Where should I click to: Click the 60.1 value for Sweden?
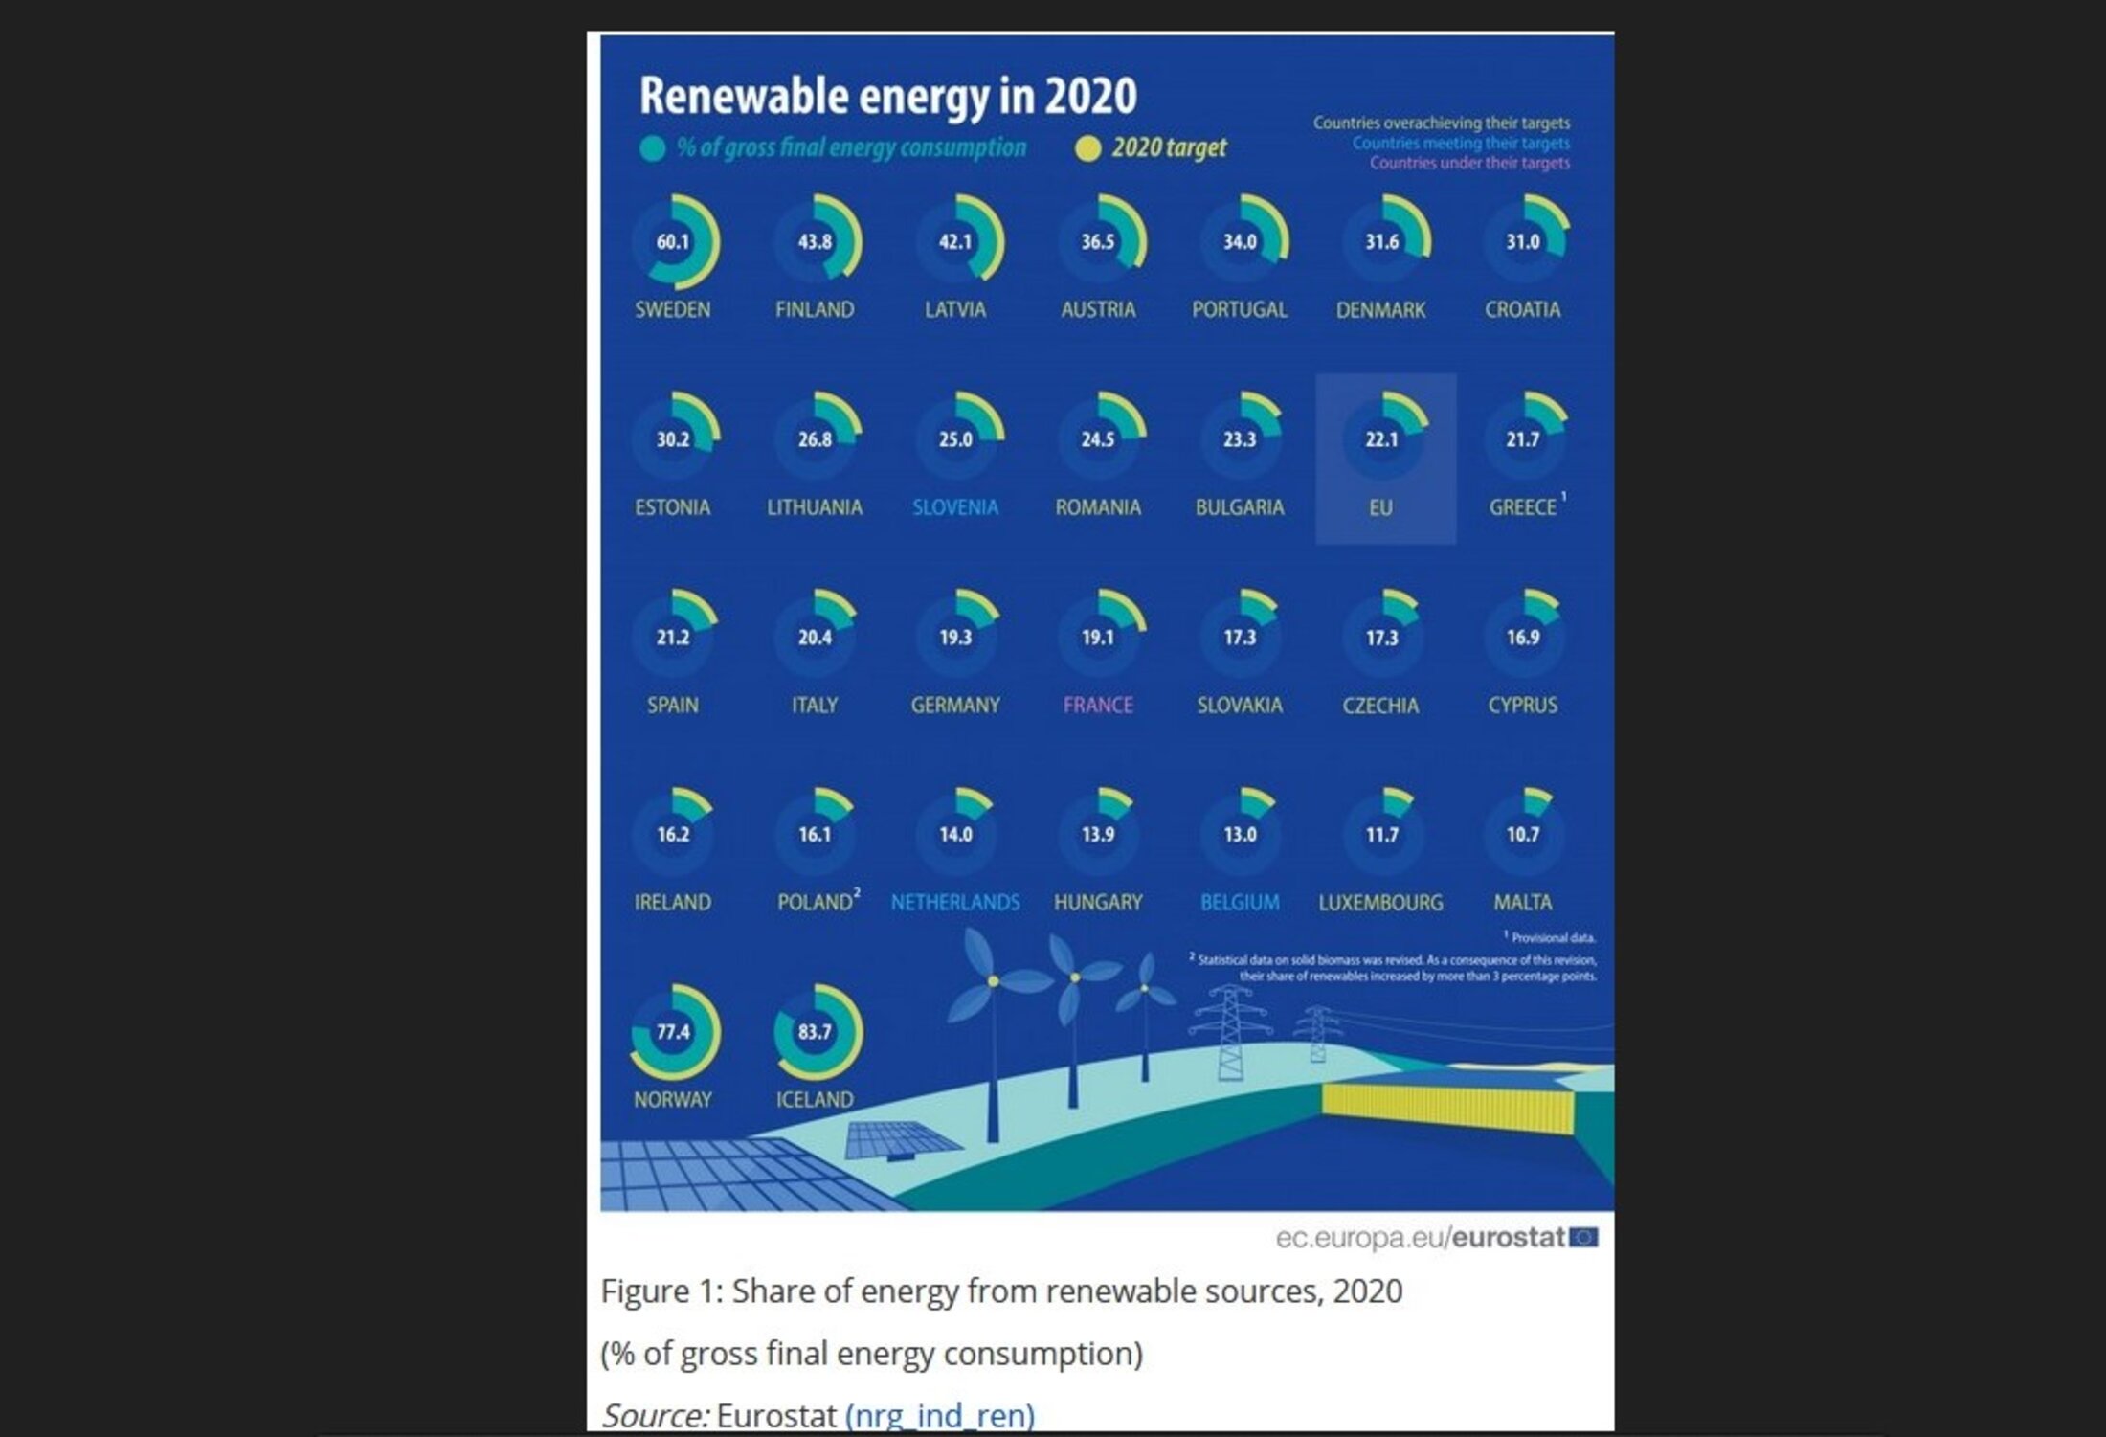672,242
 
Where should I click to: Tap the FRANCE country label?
1097,706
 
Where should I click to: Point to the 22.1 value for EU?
1381,439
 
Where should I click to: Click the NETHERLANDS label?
954,903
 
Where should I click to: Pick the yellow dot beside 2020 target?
1087,148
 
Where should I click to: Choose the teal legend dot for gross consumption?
652,148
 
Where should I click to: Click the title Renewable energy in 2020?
887,96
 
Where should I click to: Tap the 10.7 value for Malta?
1522,835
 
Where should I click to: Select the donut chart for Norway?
673,1032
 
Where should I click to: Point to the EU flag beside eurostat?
1584,1238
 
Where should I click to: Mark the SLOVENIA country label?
954,507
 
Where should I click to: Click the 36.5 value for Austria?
1097,242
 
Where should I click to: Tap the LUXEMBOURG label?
1380,903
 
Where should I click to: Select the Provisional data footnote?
1552,938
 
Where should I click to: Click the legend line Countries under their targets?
1468,164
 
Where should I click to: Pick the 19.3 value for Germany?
954,638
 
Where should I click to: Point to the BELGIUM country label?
1239,903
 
